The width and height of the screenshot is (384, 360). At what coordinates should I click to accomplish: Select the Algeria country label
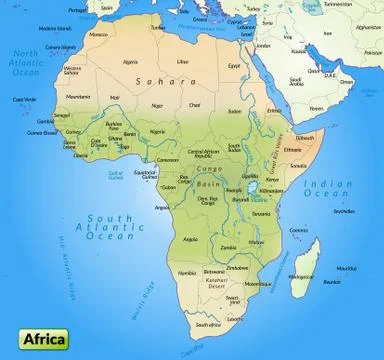130,61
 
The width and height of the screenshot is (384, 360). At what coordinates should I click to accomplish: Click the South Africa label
209,324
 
